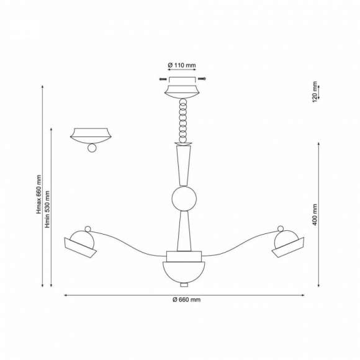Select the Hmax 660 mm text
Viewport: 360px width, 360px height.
coord(39,194)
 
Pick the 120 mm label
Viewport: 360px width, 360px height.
coord(315,91)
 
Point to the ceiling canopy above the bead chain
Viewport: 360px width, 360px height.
coord(184,89)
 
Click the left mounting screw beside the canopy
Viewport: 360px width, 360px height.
coord(162,79)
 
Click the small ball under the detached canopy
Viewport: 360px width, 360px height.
coord(92,148)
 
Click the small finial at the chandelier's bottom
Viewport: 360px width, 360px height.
coord(184,286)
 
